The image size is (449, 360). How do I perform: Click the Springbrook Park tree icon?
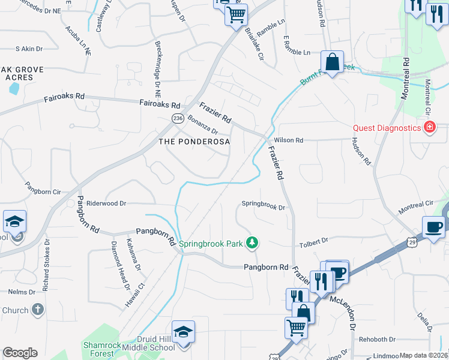pyautogui.click(x=254, y=242)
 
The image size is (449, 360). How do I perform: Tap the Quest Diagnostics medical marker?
pyautogui.click(x=429, y=127)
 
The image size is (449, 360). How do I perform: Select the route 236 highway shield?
pyautogui.click(x=178, y=119)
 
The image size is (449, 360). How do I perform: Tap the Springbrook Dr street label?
pyautogui.click(x=263, y=204)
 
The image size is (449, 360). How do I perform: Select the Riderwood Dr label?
pyautogui.click(x=106, y=203)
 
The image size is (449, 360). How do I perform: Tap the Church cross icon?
pyautogui.click(x=38, y=310)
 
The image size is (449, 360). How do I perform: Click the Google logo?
pyautogui.click(x=20, y=353)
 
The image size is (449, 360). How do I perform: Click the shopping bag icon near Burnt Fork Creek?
pyautogui.click(x=331, y=62)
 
